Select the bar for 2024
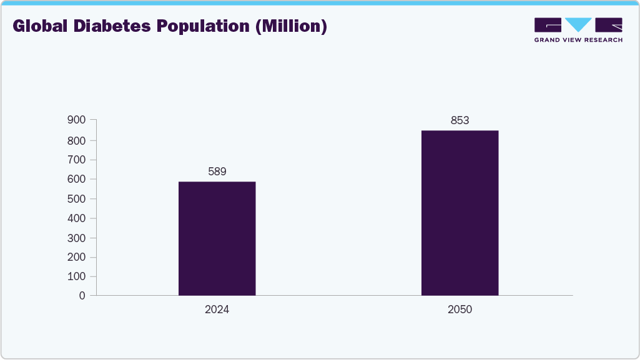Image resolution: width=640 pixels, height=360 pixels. tap(217, 238)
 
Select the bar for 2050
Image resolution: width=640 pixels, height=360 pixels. tap(460, 213)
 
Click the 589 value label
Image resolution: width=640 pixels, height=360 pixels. tap(217, 171)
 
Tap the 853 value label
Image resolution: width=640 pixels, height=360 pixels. tap(460, 120)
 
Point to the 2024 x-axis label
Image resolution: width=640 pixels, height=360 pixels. tap(217, 309)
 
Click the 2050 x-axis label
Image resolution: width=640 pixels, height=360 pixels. tap(460, 309)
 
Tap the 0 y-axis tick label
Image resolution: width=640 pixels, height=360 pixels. tap(82, 296)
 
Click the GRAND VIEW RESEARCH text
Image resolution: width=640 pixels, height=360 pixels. tap(578, 40)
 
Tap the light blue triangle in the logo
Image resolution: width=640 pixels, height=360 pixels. tap(578, 24)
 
